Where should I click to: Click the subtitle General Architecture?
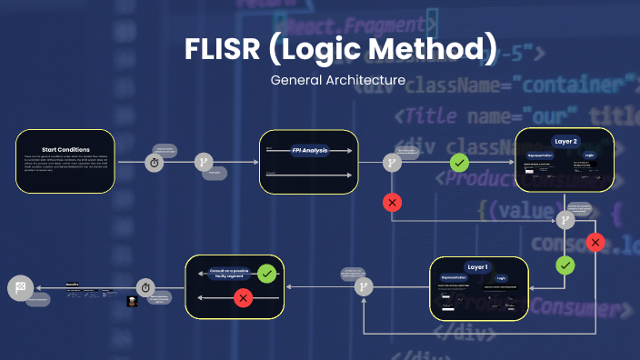click(x=337, y=80)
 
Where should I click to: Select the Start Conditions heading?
click(x=65, y=149)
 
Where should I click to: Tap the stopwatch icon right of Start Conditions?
click(x=155, y=163)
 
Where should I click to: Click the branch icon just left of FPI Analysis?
click(x=204, y=163)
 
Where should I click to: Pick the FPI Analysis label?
click(x=309, y=150)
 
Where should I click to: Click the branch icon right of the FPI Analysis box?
click(x=392, y=163)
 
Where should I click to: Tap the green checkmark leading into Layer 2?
click(x=460, y=163)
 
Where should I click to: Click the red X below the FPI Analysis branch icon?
click(x=392, y=202)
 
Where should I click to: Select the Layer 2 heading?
click(x=565, y=142)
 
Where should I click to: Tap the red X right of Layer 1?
click(x=595, y=242)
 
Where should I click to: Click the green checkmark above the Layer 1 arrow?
click(x=565, y=265)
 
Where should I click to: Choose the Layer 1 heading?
click(x=478, y=267)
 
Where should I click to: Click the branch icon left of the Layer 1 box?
click(x=363, y=286)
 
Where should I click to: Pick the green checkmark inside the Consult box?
click(x=266, y=273)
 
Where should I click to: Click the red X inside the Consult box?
click(x=243, y=298)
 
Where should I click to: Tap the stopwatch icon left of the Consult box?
click(x=145, y=286)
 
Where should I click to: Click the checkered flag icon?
click(x=21, y=288)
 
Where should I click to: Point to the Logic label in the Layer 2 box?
click(x=589, y=155)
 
